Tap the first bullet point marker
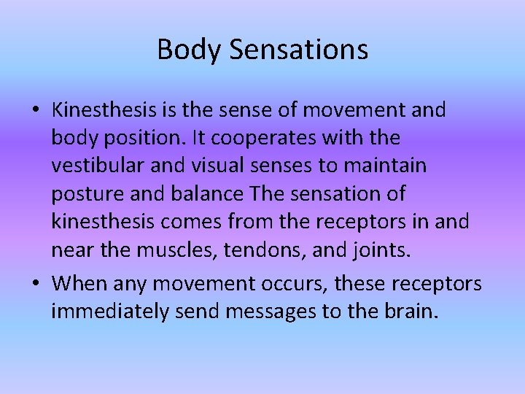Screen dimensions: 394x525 point(37,112)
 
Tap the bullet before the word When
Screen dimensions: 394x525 point(37,284)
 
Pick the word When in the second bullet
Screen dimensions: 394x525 point(79,282)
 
